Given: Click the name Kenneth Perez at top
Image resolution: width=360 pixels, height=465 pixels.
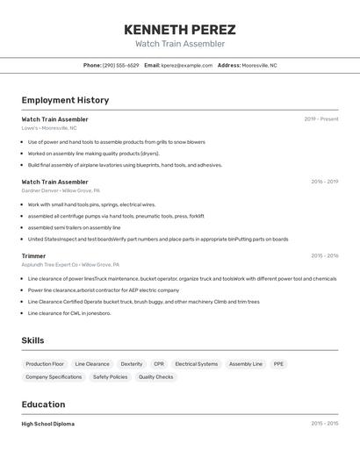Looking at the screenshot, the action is tap(180, 29).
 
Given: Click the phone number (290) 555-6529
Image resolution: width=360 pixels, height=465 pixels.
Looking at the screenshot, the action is tap(120, 65).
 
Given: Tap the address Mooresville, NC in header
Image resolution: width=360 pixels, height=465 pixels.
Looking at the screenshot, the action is tap(259, 65).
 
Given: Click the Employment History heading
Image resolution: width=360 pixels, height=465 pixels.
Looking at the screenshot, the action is tap(65, 101).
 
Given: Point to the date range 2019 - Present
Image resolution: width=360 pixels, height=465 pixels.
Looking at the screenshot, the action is tap(321, 119).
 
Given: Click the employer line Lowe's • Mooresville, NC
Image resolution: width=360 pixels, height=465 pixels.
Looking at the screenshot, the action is tap(49, 128).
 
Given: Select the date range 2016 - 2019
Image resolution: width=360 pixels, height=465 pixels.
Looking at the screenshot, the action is tap(324, 182).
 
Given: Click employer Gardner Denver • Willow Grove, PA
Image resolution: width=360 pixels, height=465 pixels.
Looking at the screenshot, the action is tap(61, 190).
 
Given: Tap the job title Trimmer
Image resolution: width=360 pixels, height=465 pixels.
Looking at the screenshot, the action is tap(33, 256).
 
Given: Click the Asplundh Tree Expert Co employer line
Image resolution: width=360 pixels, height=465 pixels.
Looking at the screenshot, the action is tap(70, 264).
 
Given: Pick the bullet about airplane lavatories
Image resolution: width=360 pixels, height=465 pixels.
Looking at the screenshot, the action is tap(125, 165).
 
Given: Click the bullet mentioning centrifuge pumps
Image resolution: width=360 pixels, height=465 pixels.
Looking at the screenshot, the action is tap(116, 216).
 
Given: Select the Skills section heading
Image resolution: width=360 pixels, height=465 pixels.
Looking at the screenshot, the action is tap(32, 340).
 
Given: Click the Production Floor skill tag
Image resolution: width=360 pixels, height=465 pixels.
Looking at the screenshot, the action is tap(45, 363).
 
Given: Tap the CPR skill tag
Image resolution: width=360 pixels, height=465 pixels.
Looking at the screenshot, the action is tap(159, 363).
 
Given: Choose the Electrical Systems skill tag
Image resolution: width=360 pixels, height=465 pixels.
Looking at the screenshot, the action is tap(196, 363).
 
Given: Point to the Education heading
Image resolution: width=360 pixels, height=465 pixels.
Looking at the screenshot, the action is tap(43, 404).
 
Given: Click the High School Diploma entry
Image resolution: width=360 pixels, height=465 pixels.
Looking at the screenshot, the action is tap(48, 424).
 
